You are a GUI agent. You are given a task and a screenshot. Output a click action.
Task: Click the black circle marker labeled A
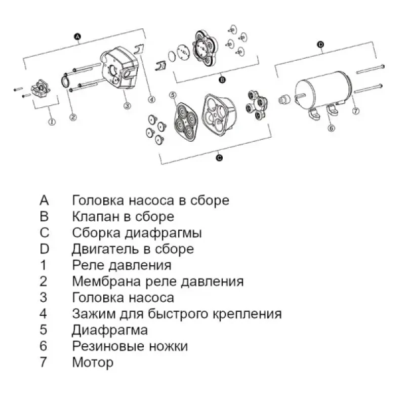pos(77,36)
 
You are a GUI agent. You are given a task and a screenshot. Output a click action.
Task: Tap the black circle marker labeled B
pos(222,80)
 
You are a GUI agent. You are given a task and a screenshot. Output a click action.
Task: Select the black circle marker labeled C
pos(219,158)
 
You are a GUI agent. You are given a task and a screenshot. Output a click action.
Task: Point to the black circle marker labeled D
pos(320,45)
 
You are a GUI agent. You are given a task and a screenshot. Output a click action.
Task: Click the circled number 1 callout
pos(51,121)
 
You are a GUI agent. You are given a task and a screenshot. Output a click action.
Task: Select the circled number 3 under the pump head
pos(127,106)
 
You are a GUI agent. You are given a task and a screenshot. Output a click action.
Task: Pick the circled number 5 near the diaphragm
pos(173,95)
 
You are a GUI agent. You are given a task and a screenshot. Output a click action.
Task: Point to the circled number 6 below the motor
pos(332,128)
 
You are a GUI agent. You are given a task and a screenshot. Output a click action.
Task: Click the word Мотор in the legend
pos(93,362)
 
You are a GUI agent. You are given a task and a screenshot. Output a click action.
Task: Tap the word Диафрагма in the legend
pos(110,330)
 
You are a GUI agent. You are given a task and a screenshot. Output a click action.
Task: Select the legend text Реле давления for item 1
pos(121,265)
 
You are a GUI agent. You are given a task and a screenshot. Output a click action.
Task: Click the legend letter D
pos(44,249)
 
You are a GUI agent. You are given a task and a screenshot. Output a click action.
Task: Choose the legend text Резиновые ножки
pos(130,346)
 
